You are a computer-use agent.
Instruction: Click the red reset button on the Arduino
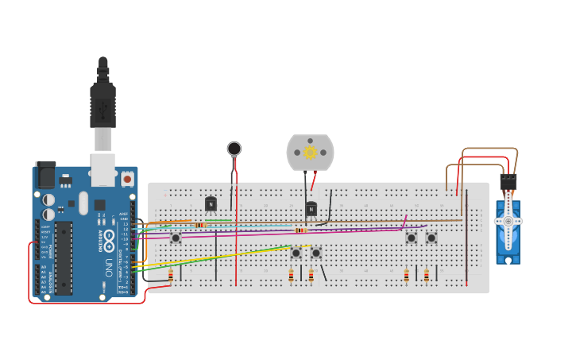tap(127, 180)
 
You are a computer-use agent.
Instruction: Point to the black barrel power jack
tap(46, 175)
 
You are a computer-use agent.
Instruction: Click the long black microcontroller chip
tap(64, 257)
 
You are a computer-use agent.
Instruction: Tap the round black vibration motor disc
tap(234, 149)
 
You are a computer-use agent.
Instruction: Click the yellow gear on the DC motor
tap(311, 152)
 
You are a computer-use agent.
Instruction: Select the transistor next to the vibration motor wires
tap(211, 204)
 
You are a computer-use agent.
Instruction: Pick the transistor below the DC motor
tap(311, 209)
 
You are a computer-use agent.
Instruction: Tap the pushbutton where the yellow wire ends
tap(296, 253)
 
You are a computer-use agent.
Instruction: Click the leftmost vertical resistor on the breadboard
tap(171, 276)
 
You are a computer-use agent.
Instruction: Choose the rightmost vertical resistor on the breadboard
tap(427, 276)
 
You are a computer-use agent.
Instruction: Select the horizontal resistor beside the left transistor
tap(199, 225)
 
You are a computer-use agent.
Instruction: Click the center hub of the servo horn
tap(508, 221)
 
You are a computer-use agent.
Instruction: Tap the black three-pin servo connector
tap(508, 182)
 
